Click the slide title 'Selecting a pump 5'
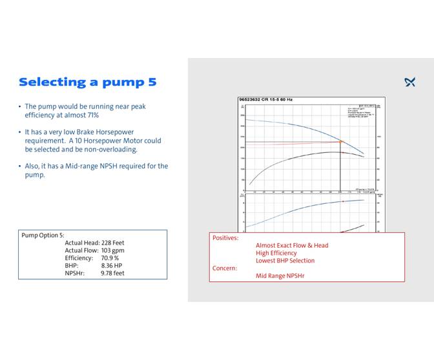tap(87, 82)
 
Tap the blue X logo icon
tap(409, 82)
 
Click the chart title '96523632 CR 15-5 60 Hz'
tap(265, 99)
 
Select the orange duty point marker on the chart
tap(341, 141)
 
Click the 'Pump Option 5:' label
tap(43, 235)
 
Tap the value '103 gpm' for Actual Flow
tap(112, 250)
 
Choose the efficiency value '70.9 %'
tap(110, 257)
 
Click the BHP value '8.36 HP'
tap(111, 265)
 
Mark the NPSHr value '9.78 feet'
tap(112, 273)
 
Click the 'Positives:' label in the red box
tap(225, 237)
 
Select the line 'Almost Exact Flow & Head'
tap(292, 245)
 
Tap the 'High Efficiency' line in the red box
tap(276, 253)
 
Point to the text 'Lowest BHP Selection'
tap(285, 261)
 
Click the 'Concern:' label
tap(225, 268)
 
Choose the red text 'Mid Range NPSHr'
tap(280, 275)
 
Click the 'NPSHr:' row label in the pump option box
tap(75, 273)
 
